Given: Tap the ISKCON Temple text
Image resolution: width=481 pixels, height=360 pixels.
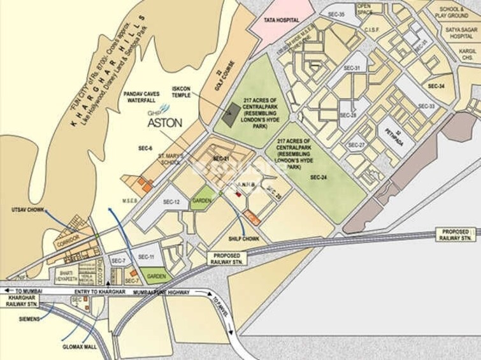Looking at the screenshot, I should coord(182,92).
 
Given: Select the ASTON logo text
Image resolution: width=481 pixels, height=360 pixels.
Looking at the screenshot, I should coord(165,122).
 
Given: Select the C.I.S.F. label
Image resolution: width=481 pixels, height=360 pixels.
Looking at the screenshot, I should coord(371,29).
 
